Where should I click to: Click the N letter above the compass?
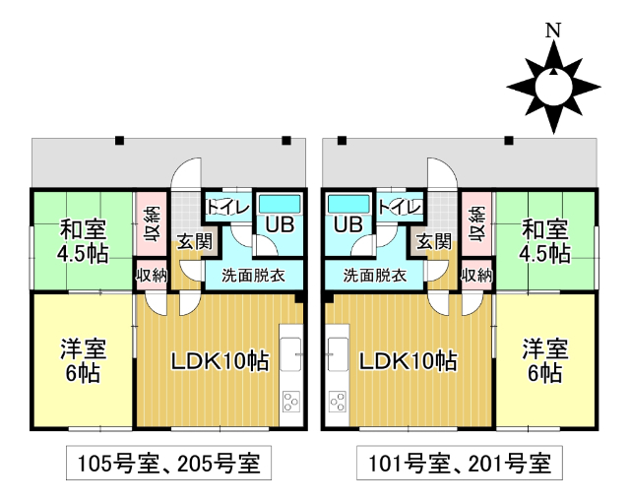552,31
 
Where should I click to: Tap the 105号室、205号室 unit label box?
167,461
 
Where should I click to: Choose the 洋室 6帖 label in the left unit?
84,360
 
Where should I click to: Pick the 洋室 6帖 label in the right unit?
544,360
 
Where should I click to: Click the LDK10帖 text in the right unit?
407,360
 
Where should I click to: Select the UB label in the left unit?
280,224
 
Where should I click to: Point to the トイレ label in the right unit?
400,207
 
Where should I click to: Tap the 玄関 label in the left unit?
190,241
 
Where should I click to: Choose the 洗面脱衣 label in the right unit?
374,276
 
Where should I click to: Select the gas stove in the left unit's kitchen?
292,401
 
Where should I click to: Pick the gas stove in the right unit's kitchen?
337,401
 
